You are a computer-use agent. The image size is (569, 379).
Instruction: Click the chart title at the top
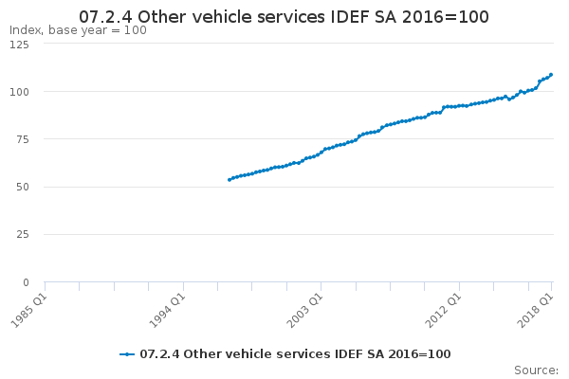pyautogui.click(x=284, y=17)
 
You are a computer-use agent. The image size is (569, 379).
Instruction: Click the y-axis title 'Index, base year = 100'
pyautogui.click(x=78, y=30)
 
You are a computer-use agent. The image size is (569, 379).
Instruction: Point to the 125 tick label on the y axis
pyautogui.click(x=19, y=45)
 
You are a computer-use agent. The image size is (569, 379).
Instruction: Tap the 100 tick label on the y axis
pyautogui.click(x=19, y=92)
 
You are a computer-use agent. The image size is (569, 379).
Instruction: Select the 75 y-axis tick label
pyautogui.click(x=23, y=139)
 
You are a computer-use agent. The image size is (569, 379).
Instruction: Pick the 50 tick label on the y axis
pyautogui.click(x=23, y=188)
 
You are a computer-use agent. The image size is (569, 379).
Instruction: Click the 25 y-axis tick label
pyautogui.click(x=23, y=234)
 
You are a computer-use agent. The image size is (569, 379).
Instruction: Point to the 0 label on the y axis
pyautogui.click(x=26, y=282)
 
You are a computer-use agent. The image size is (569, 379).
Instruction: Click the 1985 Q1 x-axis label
pyautogui.click(x=28, y=311)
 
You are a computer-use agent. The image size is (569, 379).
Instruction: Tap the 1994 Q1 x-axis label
pyautogui.click(x=167, y=311)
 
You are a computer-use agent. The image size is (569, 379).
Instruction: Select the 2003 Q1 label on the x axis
pyautogui.click(x=304, y=311)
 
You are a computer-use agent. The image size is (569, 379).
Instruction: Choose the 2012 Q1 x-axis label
pyautogui.click(x=443, y=311)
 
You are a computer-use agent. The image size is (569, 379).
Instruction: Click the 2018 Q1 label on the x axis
pyautogui.click(x=535, y=311)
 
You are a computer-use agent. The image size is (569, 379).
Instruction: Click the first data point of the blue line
pyautogui.click(x=229, y=180)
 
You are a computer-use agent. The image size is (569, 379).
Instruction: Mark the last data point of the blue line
pyautogui.click(x=551, y=75)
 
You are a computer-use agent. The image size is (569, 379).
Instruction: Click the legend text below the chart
pyautogui.click(x=295, y=354)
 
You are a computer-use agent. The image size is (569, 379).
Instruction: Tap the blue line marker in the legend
pyautogui.click(x=127, y=354)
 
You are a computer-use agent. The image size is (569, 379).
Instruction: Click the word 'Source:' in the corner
pyautogui.click(x=536, y=370)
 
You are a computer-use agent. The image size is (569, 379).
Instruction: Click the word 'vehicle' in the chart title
pyautogui.click(x=227, y=17)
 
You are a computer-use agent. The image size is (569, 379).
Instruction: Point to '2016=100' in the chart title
pyautogui.click(x=446, y=17)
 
